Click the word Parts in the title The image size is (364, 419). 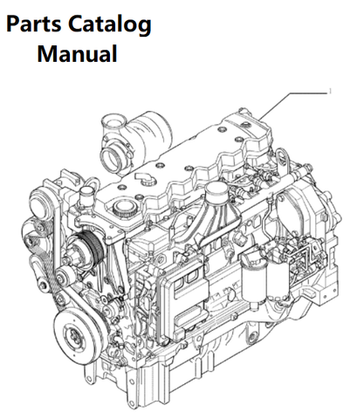pyautogui.click(x=34, y=24)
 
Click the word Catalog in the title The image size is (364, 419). pyautogui.click(x=110, y=25)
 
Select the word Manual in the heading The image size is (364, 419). pyautogui.click(x=77, y=53)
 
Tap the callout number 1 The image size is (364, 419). pyautogui.click(x=330, y=92)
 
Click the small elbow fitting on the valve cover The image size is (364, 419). pyautogui.click(x=144, y=177)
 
